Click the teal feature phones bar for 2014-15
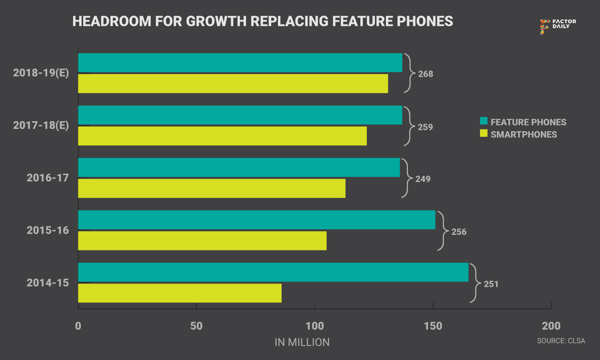pos(273,272)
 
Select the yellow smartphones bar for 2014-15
pos(180,293)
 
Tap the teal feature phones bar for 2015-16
pos(256,220)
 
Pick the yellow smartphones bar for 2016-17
pos(212,188)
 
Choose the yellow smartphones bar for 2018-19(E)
pos(233,84)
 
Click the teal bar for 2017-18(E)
pos(240,115)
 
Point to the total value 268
pos(426,74)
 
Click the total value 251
pos(491,284)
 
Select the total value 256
pos(459,232)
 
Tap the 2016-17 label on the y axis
pos(48,178)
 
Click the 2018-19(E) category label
pos(41,73)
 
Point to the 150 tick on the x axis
pos(433,326)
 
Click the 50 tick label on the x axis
pos(196,326)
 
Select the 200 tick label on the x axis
pos(551,326)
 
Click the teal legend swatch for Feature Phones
pos(484,121)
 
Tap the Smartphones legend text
pos(524,135)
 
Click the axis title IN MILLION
pos(302,342)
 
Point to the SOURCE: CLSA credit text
pos(561,341)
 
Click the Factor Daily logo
pos(558,26)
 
